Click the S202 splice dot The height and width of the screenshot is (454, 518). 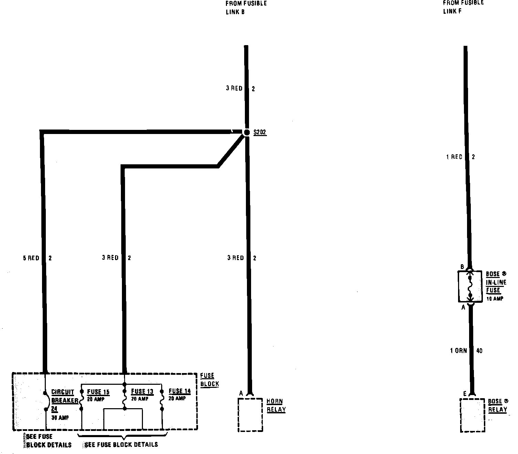247,133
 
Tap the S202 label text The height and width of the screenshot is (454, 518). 260,132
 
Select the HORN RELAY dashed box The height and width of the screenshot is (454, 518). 250,414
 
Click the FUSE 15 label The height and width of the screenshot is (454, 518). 98,392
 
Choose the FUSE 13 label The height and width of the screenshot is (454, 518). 142,391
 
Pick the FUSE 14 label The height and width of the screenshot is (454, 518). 179,391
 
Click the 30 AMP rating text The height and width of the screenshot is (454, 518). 60,418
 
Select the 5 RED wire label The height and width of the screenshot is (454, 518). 31,258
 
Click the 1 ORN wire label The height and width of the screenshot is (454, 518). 458,351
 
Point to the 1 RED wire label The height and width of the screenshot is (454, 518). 454,157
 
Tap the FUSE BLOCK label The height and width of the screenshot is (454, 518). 209,380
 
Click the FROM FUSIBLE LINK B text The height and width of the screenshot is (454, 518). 246,8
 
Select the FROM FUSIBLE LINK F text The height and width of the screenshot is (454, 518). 463,7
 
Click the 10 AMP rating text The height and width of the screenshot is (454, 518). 495,299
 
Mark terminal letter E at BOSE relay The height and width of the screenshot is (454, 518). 465,394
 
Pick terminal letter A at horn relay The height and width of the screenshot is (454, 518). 241,393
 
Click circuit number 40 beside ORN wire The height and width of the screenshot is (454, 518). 479,351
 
